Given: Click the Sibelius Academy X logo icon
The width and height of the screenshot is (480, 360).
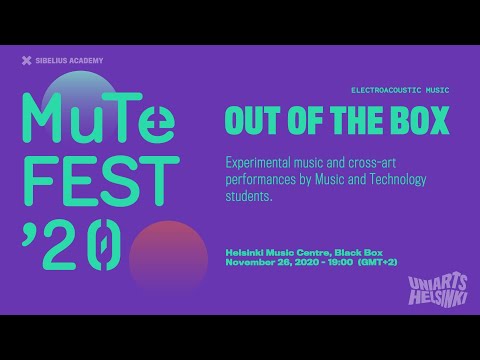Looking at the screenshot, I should pyautogui.click(x=26, y=61).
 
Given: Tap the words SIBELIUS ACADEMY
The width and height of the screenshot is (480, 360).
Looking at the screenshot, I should pyautogui.click(x=69, y=61).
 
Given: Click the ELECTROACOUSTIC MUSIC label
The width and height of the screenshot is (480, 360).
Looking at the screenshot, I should pyautogui.click(x=400, y=90).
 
